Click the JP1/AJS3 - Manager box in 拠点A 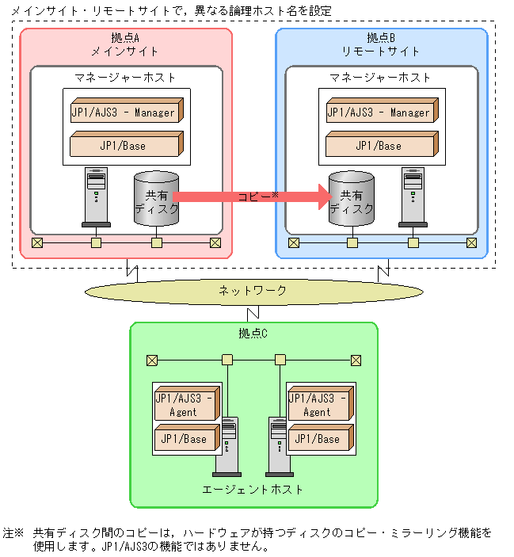click(x=124, y=112)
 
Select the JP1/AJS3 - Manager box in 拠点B click(x=379, y=112)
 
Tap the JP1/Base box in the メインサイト click(x=124, y=145)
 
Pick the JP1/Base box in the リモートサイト click(x=379, y=145)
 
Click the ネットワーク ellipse click(x=253, y=292)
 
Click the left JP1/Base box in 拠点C click(x=185, y=438)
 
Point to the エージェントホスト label click(x=253, y=489)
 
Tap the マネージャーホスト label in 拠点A click(x=125, y=78)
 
